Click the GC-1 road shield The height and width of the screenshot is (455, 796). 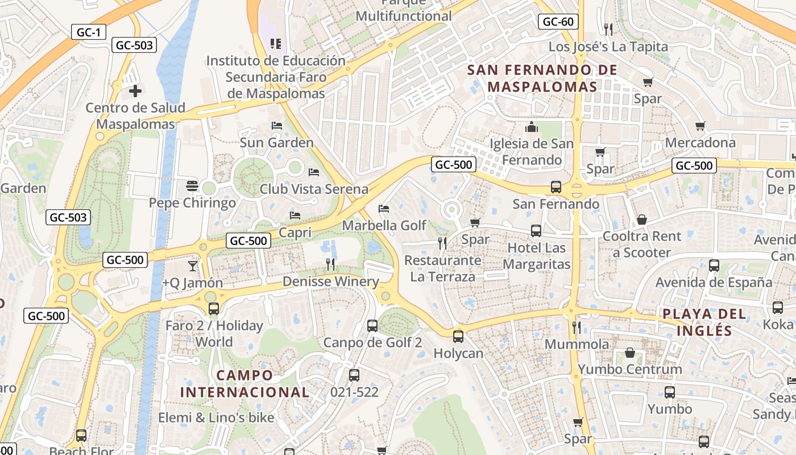point(89,32)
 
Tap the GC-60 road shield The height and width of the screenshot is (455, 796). point(558,22)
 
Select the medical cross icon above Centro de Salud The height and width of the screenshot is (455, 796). point(135,90)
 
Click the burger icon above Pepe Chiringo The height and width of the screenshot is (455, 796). point(192,185)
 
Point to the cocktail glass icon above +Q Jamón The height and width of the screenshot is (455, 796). point(193,266)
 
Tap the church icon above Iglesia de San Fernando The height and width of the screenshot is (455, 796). point(532,127)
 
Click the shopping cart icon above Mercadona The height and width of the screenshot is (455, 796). point(700,126)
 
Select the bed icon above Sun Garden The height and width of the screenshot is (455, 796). point(277,125)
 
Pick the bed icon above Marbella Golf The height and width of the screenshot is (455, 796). point(384,209)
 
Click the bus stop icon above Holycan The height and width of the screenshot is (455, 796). point(458,336)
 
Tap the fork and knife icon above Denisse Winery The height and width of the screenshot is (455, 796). point(330,264)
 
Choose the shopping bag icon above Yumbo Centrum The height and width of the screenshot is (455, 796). point(630,353)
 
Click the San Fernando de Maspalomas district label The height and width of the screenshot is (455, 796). point(542,78)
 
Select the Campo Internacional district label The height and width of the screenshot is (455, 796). point(245,384)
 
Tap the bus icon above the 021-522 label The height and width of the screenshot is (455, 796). point(354,375)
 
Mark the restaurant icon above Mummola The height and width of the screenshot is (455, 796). point(577,327)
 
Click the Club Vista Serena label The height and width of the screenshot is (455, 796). point(313,189)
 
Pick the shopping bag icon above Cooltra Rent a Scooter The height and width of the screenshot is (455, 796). point(642,220)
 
